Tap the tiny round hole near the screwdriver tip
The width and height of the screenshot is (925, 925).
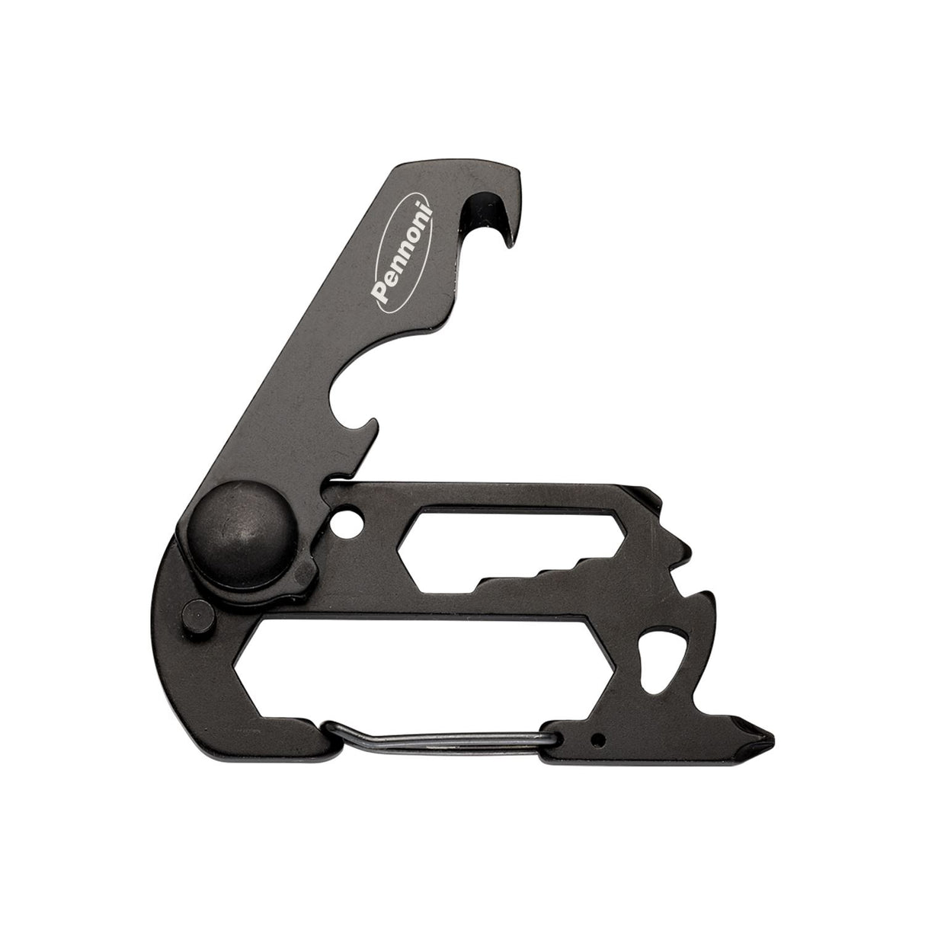[600, 737]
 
